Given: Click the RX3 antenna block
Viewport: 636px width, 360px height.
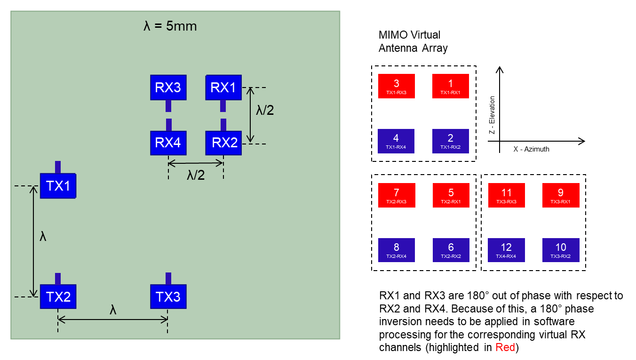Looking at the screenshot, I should tap(168, 88).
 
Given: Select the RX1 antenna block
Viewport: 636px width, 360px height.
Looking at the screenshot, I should tap(223, 88).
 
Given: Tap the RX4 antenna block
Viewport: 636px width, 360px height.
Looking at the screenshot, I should tap(168, 143).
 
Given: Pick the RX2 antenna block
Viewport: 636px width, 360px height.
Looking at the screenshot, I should tap(223, 143).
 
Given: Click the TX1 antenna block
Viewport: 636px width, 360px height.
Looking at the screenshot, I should tap(58, 186).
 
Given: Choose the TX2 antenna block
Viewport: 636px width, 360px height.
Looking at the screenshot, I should tap(58, 297).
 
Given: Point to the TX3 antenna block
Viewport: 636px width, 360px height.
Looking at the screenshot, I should tap(168, 297).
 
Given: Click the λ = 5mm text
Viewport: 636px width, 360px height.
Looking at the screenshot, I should tap(170, 26).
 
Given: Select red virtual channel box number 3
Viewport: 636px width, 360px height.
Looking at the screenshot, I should tap(396, 86).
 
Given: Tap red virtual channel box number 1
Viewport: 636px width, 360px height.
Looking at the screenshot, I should tap(451, 86).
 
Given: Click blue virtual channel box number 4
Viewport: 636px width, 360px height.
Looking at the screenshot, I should tap(396, 141).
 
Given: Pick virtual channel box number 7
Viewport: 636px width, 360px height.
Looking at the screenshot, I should tap(397, 195).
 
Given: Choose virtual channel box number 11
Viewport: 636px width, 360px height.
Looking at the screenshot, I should tap(506, 195).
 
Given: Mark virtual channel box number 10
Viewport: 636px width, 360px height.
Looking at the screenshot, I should tap(561, 250).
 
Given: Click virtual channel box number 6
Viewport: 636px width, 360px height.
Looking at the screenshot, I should tap(451, 250).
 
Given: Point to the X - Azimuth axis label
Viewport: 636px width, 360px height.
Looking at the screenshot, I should tap(531, 149).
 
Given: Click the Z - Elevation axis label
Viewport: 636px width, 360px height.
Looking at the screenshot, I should tap(492, 115).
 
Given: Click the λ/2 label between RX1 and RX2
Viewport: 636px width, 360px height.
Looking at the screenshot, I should tap(265, 110).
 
